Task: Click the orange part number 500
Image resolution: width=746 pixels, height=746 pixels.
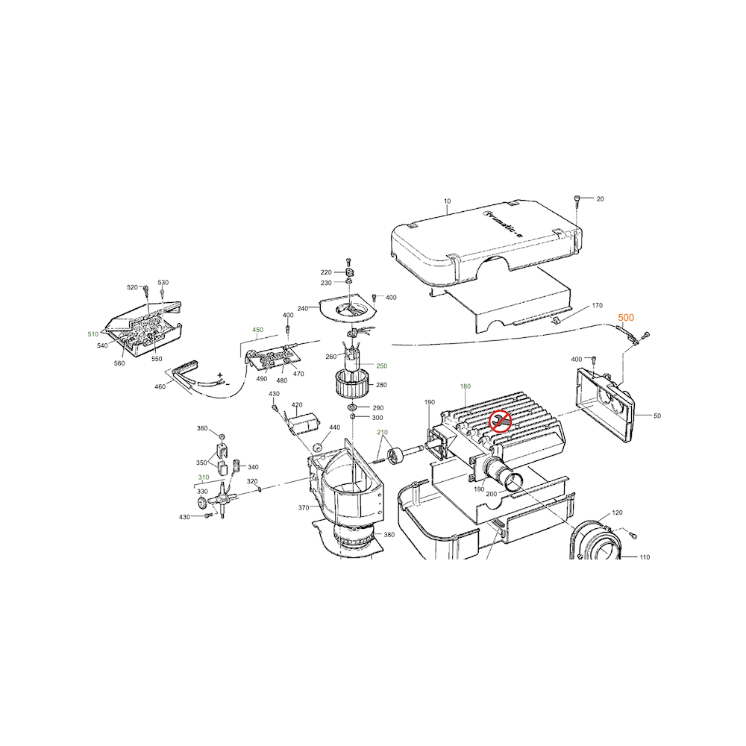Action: pos(626,317)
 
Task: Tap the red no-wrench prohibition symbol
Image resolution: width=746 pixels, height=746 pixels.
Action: pos(501,421)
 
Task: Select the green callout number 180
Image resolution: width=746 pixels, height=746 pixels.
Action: pos(466,386)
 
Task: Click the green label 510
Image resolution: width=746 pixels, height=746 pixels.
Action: pos(93,334)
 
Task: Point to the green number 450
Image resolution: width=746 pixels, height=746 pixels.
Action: pos(257,330)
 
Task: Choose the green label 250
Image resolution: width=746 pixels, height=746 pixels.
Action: pos(381,366)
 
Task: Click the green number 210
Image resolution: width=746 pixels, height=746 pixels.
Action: pos(382,432)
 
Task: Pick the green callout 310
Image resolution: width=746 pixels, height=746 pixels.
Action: pos(204,477)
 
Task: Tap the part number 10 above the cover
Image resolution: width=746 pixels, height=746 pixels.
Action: pos(447,201)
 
